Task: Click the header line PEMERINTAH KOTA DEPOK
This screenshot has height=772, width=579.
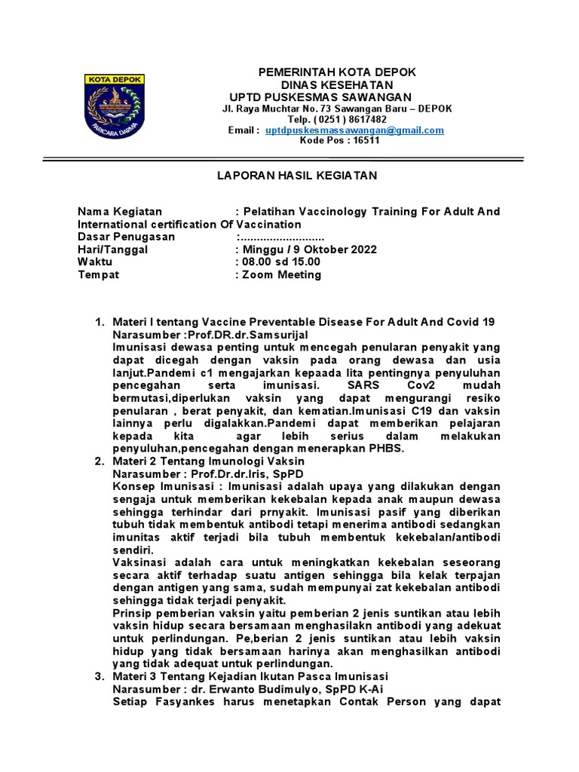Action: pyautogui.click(x=337, y=72)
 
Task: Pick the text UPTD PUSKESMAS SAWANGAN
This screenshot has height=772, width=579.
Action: pyautogui.click(x=320, y=97)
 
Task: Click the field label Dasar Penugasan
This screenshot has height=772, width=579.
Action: pyautogui.click(x=127, y=237)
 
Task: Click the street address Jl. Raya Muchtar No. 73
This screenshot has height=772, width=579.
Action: pyautogui.click(x=280, y=109)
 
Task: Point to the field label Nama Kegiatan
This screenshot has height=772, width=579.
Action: pyautogui.click(x=120, y=212)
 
